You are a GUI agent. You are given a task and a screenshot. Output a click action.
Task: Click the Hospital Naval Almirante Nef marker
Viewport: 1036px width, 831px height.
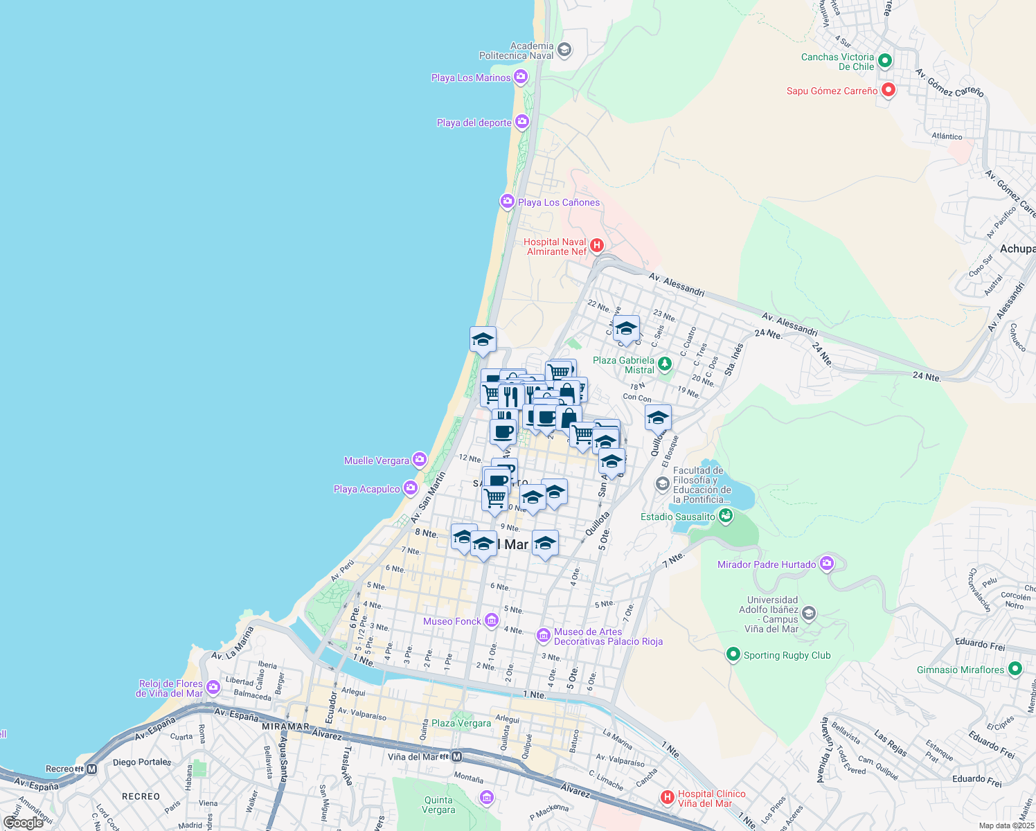click(597, 245)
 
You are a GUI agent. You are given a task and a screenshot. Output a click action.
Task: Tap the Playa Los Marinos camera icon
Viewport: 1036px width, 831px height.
click(521, 77)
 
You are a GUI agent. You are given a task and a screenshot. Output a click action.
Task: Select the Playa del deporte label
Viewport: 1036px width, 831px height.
click(474, 123)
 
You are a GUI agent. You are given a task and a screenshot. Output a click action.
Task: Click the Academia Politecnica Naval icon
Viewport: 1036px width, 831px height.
click(564, 50)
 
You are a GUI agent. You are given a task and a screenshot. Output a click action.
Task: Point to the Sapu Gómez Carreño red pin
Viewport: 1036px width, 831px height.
click(888, 90)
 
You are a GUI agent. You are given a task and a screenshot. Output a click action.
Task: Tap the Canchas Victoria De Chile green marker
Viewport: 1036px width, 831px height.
click(884, 61)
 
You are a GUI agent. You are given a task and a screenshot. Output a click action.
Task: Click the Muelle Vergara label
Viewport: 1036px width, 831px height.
click(376, 461)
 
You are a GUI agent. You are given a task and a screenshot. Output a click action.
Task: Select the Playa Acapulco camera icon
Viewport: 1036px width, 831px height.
click(411, 488)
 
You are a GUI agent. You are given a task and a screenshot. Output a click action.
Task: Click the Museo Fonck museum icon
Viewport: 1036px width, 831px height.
click(491, 620)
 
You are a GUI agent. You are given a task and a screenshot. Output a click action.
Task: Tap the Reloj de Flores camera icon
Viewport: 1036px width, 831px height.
click(213, 687)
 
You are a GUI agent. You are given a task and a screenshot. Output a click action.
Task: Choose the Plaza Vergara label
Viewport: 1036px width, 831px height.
click(461, 723)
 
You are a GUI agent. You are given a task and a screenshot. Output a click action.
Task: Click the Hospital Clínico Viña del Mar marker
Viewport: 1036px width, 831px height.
click(667, 798)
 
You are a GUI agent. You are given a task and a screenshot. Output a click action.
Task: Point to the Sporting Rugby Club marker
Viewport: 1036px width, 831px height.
click(733, 654)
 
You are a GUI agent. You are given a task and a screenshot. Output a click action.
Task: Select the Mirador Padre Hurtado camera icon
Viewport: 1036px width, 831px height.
click(826, 564)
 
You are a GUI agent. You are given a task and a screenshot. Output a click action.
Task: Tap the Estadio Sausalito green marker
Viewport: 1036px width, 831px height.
click(726, 515)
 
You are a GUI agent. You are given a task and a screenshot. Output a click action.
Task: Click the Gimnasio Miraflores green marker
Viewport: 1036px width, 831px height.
click(1015, 669)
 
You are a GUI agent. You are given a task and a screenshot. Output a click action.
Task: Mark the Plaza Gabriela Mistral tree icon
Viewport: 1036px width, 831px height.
click(665, 364)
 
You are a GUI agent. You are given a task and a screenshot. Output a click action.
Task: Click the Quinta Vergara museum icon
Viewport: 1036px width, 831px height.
click(486, 798)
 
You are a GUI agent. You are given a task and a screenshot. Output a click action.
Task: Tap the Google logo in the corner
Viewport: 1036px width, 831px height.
click(23, 823)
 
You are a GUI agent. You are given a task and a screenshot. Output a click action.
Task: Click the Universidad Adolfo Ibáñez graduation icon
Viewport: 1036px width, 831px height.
click(808, 614)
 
